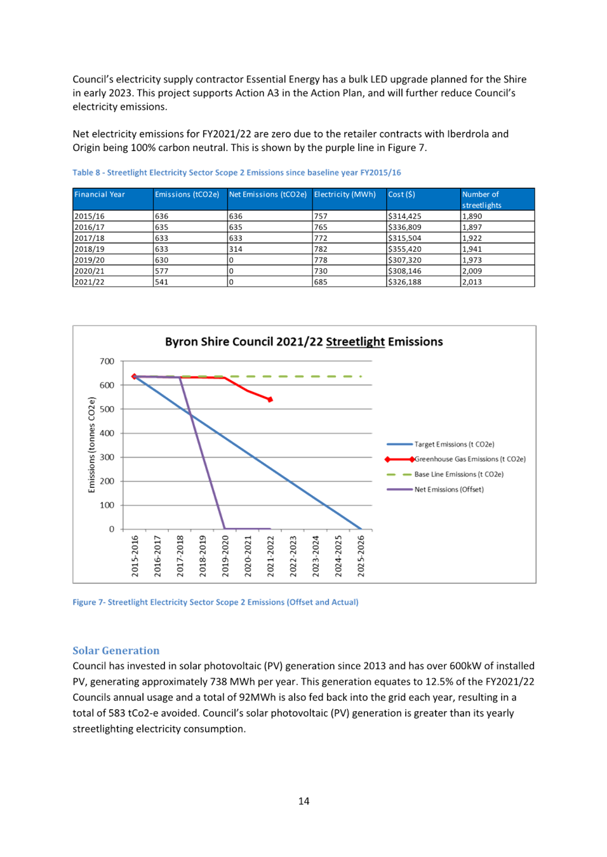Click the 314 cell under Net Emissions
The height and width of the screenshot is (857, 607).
tap(236, 249)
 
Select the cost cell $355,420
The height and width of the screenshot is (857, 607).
tap(404, 249)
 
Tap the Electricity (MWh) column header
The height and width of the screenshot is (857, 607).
tap(345, 194)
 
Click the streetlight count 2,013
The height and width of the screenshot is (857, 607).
tap(472, 282)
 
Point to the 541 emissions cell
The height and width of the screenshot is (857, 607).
tap(161, 282)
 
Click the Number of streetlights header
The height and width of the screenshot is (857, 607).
tap(481, 200)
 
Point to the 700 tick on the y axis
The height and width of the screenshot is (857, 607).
tap(107, 361)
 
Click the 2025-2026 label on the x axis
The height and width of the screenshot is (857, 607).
tap(361, 556)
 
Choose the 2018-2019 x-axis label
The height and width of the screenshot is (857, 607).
tap(203, 556)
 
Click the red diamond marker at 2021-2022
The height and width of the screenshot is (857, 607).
tap(270, 400)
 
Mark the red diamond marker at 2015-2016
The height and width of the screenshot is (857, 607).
tap(134, 376)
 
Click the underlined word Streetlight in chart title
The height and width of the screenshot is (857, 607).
tap(355, 342)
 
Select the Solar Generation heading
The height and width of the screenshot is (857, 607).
tap(116, 650)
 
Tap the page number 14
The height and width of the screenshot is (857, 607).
tap(303, 801)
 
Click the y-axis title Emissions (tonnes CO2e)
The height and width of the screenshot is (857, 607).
tap(91, 445)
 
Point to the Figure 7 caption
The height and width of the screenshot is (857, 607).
tap(216, 602)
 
